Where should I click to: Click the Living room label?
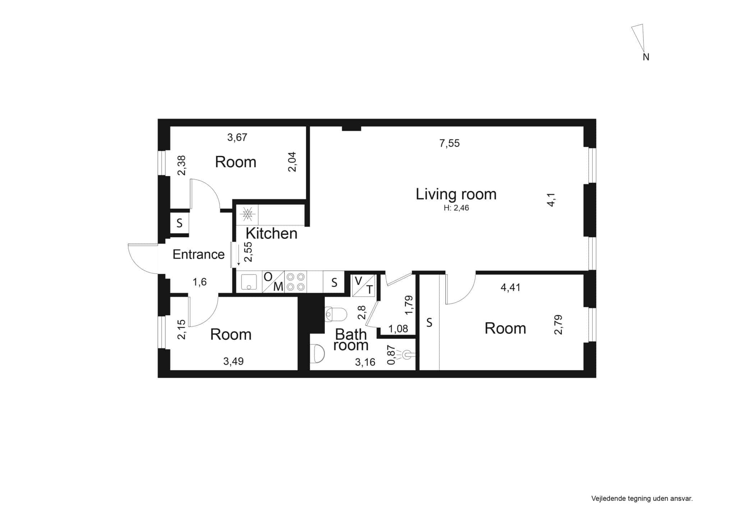tap(456, 194)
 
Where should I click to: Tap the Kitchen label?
tap(271, 234)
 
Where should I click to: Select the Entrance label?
tap(198, 254)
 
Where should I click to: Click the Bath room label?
tap(351, 340)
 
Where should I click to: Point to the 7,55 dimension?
tap(450, 144)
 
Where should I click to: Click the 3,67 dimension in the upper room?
tap(237, 137)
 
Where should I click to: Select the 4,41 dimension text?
tap(510, 287)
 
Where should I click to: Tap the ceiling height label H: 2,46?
tap(456, 208)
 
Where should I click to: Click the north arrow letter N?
tap(646, 57)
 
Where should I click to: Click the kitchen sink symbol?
tap(249, 282)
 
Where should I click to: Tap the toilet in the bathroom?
tap(336, 314)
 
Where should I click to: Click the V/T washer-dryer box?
tap(364, 286)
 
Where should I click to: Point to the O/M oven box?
tap(273, 282)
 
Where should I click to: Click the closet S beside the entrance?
tap(179, 223)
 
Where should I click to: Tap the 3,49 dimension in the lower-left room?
tap(233, 361)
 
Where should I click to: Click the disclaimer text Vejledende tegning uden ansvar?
tap(642, 499)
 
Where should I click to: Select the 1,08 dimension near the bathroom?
tap(398, 329)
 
